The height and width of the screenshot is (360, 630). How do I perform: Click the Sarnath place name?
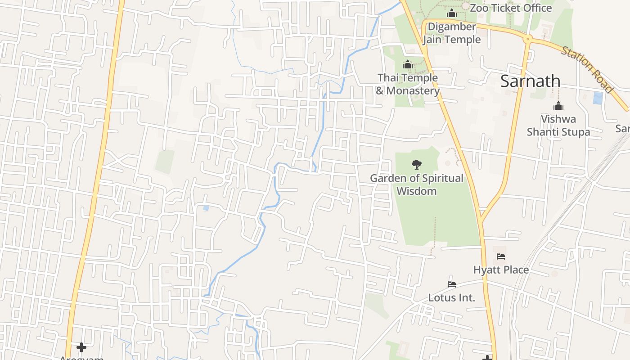pyautogui.click(x=530, y=81)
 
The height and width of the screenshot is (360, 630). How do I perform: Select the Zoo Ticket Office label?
pyautogui.click(x=510, y=8)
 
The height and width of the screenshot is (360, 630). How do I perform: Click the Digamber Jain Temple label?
pyautogui.click(x=451, y=33)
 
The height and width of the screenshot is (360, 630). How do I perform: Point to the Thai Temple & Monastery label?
pyautogui.click(x=407, y=84)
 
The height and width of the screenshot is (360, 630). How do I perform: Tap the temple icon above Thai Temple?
pyautogui.click(x=408, y=65)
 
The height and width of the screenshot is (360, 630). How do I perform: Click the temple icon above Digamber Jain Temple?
pyautogui.click(x=452, y=13)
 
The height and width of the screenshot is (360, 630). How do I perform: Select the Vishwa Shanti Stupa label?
pyautogui.click(x=558, y=126)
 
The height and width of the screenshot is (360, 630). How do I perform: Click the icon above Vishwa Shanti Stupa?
pyautogui.click(x=558, y=106)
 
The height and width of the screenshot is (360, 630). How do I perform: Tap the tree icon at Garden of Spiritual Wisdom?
pyautogui.click(x=417, y=165)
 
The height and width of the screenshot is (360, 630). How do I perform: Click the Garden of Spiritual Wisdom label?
pyautogui.click(x=416, y=184)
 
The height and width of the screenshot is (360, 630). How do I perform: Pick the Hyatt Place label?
pyautogui.click(x=501, y=270)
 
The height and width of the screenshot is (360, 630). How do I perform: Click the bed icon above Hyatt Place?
pyautogui.click(x=501, y=256)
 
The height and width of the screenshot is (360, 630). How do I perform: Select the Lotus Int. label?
pyautogui.click(x=451, y=298)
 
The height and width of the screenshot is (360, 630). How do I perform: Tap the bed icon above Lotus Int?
pyautogui.click(x=452, y=284)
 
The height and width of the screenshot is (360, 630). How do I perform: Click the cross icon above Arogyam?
pyautogui.click(x=81, y=347)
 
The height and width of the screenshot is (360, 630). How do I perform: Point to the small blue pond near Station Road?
pyautogui.click(x=598, y=98)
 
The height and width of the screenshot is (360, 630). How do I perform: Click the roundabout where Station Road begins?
pyautogui.click(x=528, y=40)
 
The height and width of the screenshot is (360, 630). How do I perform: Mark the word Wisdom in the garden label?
pyautogui.click(x=416, y=191)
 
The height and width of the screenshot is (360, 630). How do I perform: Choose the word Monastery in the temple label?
pyautogui.click(x=413, y=91)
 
